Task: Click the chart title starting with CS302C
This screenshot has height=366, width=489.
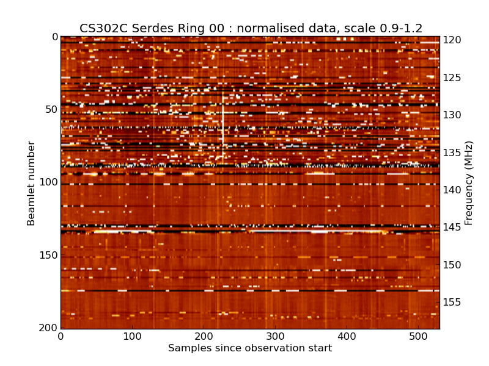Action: (x=251, y=28)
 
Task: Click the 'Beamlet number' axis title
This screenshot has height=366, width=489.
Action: (x=32, y=183)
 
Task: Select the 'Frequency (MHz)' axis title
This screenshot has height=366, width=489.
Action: (x=469, y=183)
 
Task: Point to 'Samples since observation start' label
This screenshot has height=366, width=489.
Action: (x=250, y=348)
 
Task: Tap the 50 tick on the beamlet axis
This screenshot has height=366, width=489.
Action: (x=50, y=110)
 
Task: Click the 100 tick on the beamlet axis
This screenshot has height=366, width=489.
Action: (x=48, y=182)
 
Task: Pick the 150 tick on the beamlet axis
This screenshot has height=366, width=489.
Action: (x=48, y=255)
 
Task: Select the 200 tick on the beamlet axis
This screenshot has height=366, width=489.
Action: (x=48, y=328)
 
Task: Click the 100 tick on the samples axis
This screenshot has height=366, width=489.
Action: (x=132, y=336)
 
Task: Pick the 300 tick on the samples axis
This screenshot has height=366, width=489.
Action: (x=275, y=336)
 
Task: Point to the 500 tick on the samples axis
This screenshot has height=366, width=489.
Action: (x=418, y=336)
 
